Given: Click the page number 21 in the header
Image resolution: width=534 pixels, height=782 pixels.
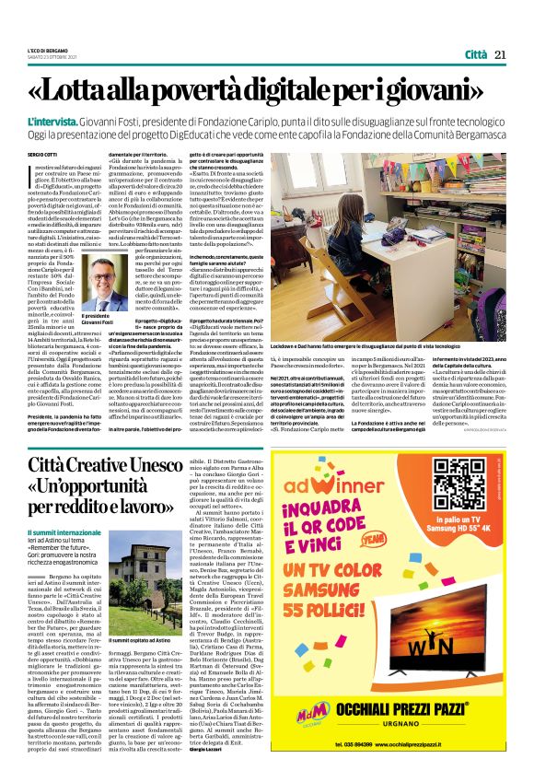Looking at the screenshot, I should click(500, 54).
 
